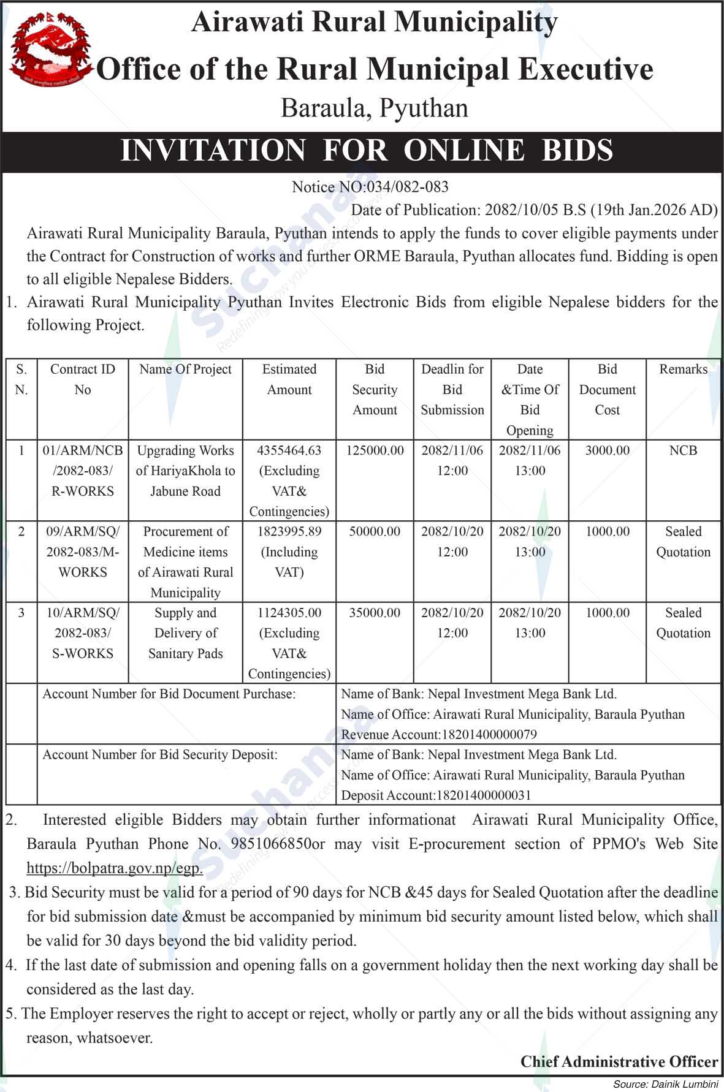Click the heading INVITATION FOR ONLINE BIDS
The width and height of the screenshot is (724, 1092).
click(x=367, y=151)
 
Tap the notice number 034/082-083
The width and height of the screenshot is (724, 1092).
click(x=406, y=187)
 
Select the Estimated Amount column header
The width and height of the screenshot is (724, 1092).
click(x=289, y=379)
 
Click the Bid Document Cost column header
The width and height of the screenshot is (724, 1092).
click(x=607, y=390)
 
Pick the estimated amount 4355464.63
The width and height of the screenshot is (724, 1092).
click(x=289, y=450)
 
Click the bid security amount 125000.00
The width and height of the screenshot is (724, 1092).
click(x=375, y=450)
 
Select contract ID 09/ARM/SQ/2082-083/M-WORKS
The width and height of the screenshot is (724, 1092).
click(x=83, y=552)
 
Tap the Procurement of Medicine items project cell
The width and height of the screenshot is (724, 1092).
click(x=185, y=561)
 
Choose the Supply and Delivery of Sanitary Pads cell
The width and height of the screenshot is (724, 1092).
click(x=185, y=633)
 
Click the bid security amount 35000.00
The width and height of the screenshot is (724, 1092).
click(x=375, y=613)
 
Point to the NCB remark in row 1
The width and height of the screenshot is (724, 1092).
click(x=683, y=450)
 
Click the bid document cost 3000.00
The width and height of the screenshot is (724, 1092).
click(x=607, y=450)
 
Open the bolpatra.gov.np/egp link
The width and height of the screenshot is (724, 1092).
click(x=115, y=868)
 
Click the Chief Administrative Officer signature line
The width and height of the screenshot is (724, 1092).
click(x=619, y=1061)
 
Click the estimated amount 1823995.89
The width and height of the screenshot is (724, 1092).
click(x=289, y=531)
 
